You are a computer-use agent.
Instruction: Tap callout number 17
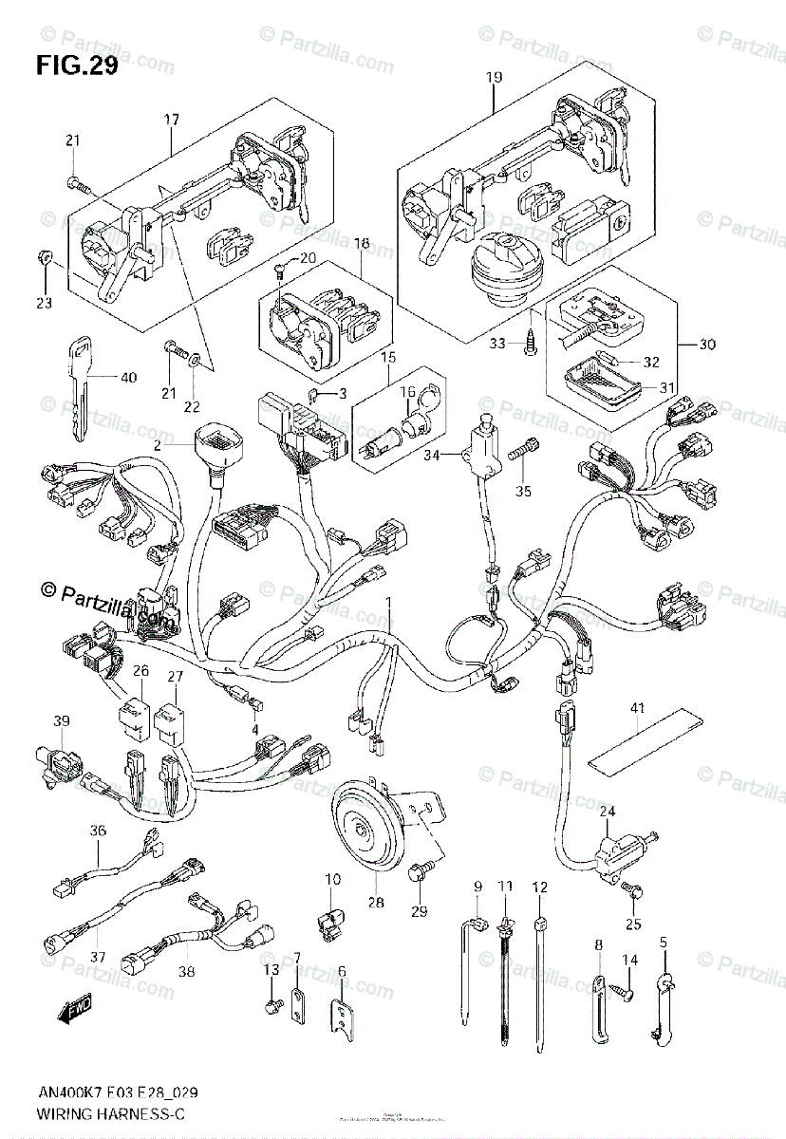pyautogui.click(x=171, y=120)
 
